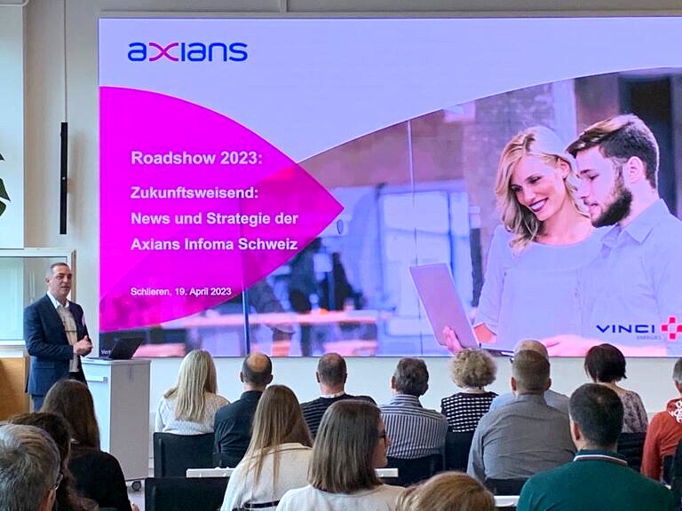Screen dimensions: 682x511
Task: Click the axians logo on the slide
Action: pos(187,51)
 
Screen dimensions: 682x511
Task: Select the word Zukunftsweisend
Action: pos(194,192)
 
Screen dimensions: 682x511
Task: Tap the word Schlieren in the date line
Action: pos(151,292)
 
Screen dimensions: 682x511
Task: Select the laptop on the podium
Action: pos(123,348)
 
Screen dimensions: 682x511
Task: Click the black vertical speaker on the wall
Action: pos(64,177)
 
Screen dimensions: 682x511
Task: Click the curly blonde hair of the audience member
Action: pos(473,369)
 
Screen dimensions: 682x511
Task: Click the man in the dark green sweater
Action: pos(595,452)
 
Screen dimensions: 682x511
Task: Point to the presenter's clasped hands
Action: pos(83,346)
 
